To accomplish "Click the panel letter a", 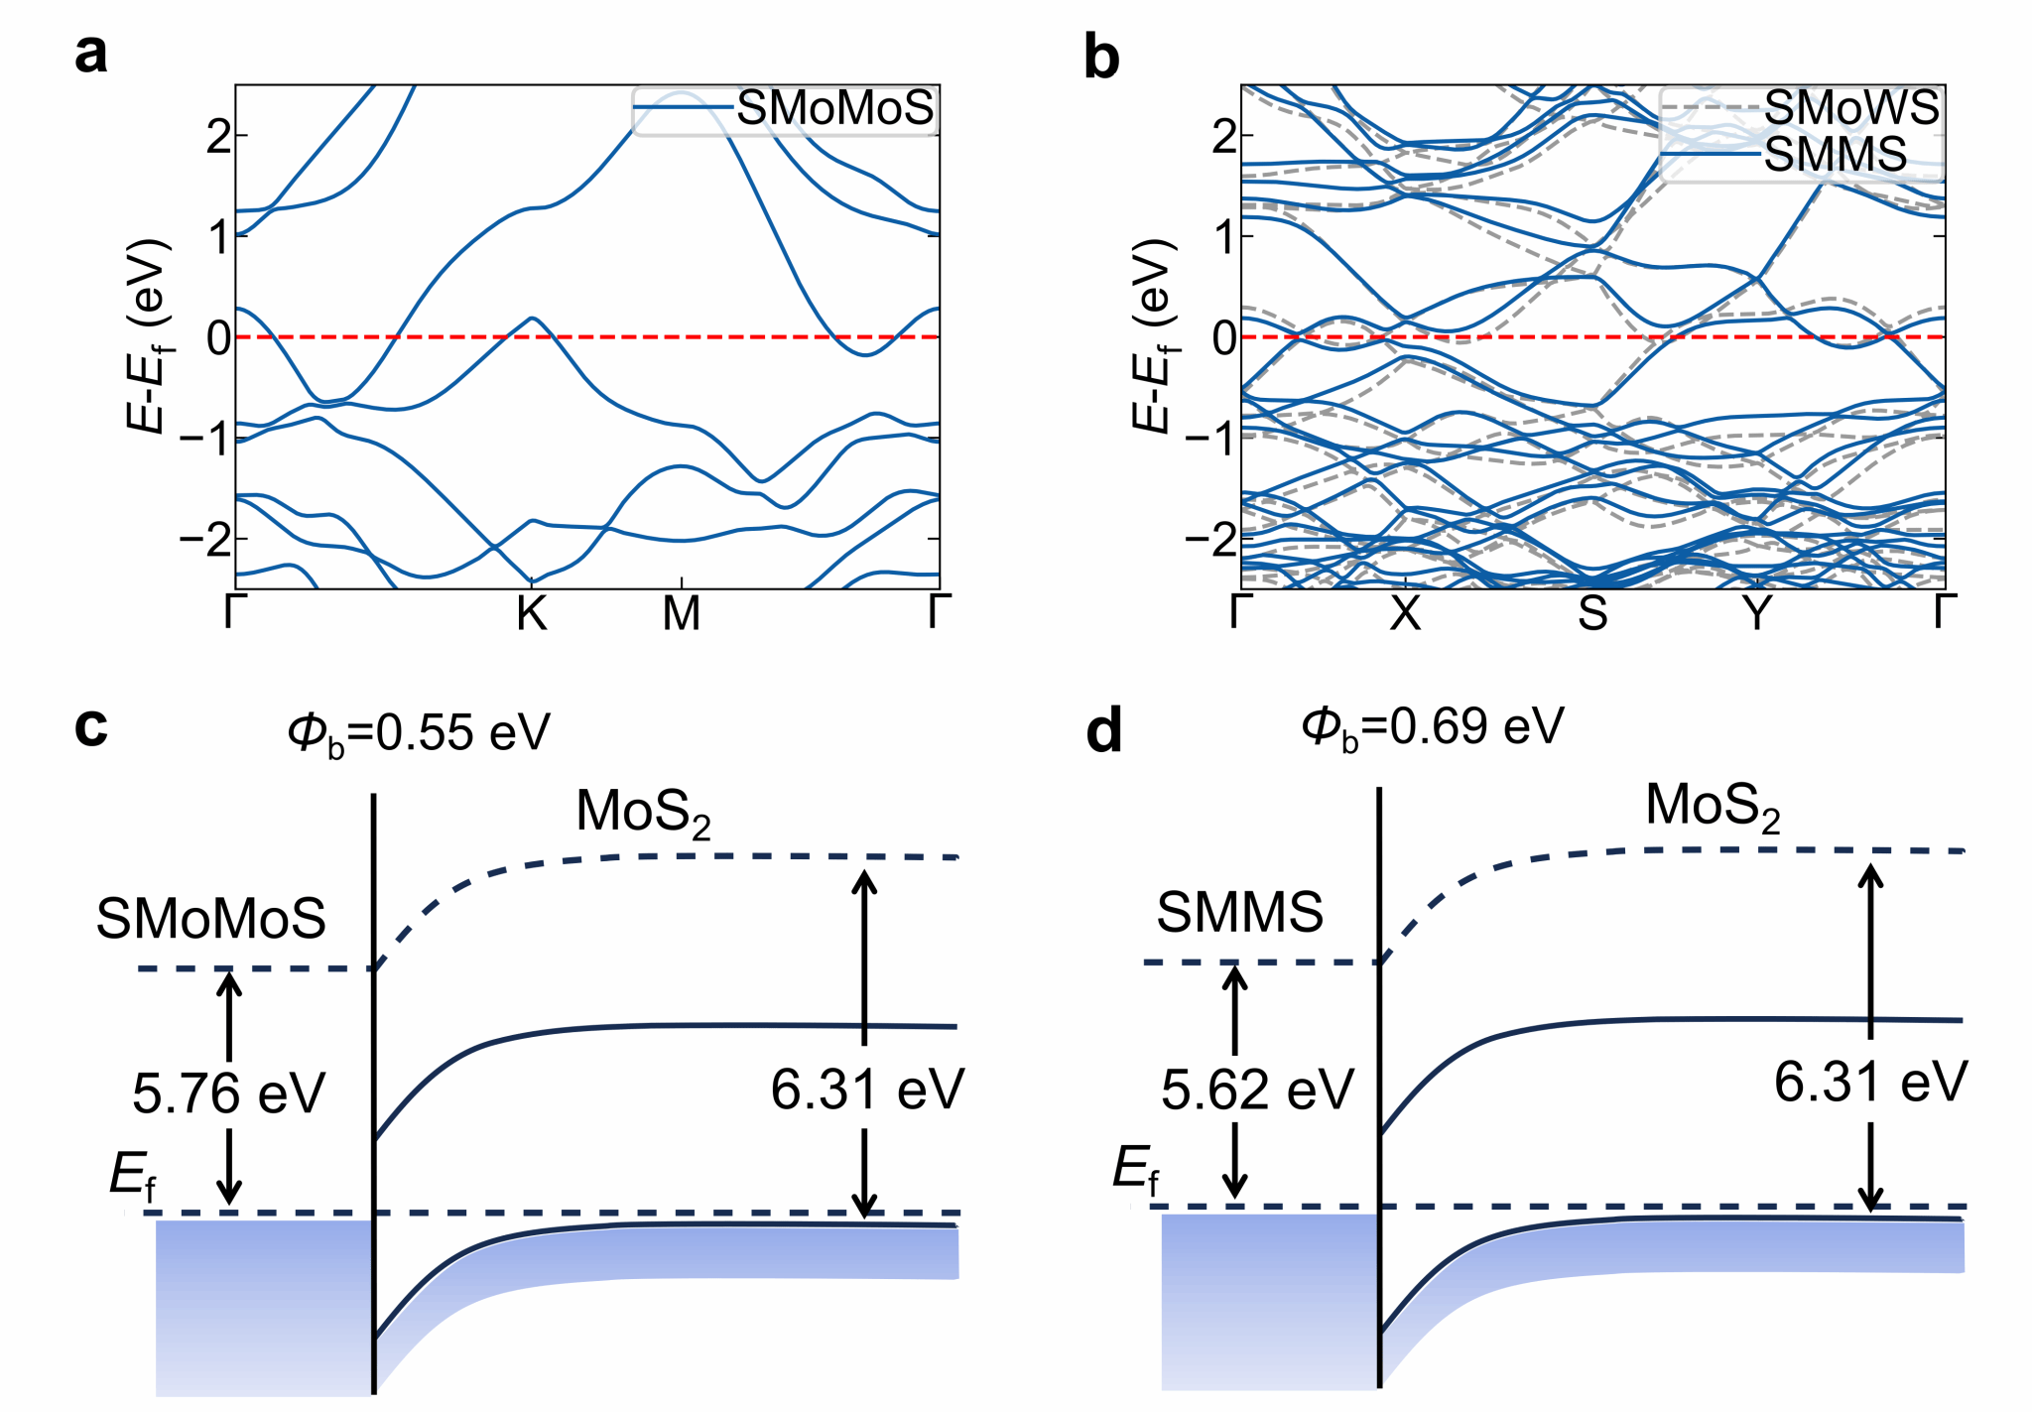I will (91, 54).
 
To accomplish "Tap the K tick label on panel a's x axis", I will (532, 615).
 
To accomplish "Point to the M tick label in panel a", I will (682, 615).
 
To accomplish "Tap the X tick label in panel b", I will (1405, 615).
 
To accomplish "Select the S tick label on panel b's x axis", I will (1592, 615).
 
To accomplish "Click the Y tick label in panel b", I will (1757, 615).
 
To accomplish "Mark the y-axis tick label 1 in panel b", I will (1224, 237).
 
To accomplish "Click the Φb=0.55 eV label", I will (418, 733).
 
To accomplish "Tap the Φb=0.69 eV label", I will (1432, 727).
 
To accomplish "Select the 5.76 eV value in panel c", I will (228, 1093).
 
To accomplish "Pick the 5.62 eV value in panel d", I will (1257, 1090).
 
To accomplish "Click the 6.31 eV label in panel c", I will (867, 1090).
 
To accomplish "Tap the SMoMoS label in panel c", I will (210, 919).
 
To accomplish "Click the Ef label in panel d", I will (1135, 1169).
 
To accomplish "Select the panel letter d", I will (1103, 731).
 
